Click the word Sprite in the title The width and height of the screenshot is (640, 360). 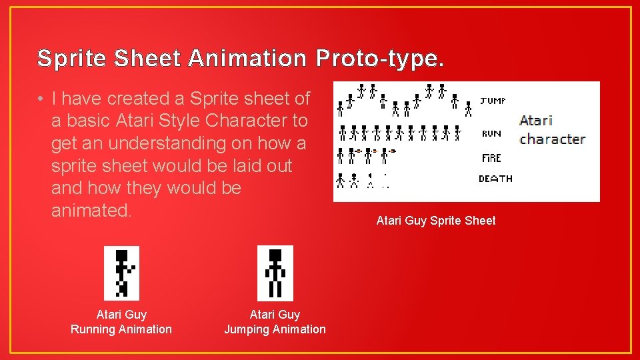pyautogui.click(x=73, y=59)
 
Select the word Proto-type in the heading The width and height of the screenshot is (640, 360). pyautogui.click(x=379, y=59)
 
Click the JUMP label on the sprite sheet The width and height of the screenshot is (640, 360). pyautogui.click(x=493, y=101)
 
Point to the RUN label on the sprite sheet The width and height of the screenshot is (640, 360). pyautogui.click(x=491, y=134)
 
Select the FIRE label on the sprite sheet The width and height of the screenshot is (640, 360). pyautogui.click(x=491, y=158)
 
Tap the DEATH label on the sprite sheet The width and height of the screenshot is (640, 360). pyautogui.click(x=495, y=179)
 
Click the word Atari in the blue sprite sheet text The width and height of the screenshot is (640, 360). pyautogui.click(x=536, y=121)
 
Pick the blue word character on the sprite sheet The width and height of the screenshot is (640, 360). pyautogui.click(x=552, y=139)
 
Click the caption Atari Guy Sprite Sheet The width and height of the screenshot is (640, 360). pyautogui.click(x=436, y=221)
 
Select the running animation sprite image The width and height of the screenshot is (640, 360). pyautogui.click(x=121, y=273)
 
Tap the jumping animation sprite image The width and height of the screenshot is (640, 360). pyautogui.click(x=275, y=273)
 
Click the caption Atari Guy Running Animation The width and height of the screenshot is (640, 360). pyautogui.click(x=121, y=322)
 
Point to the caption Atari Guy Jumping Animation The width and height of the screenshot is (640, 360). pyautogui.click(x=275, y=322)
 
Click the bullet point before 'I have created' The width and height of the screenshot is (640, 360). pyautogui.click(x=41, y=99)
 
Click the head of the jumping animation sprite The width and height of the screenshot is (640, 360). pyautogui.click(x=275, y=256)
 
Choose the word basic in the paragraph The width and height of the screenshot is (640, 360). pyautogui.click(x=89, y=121)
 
